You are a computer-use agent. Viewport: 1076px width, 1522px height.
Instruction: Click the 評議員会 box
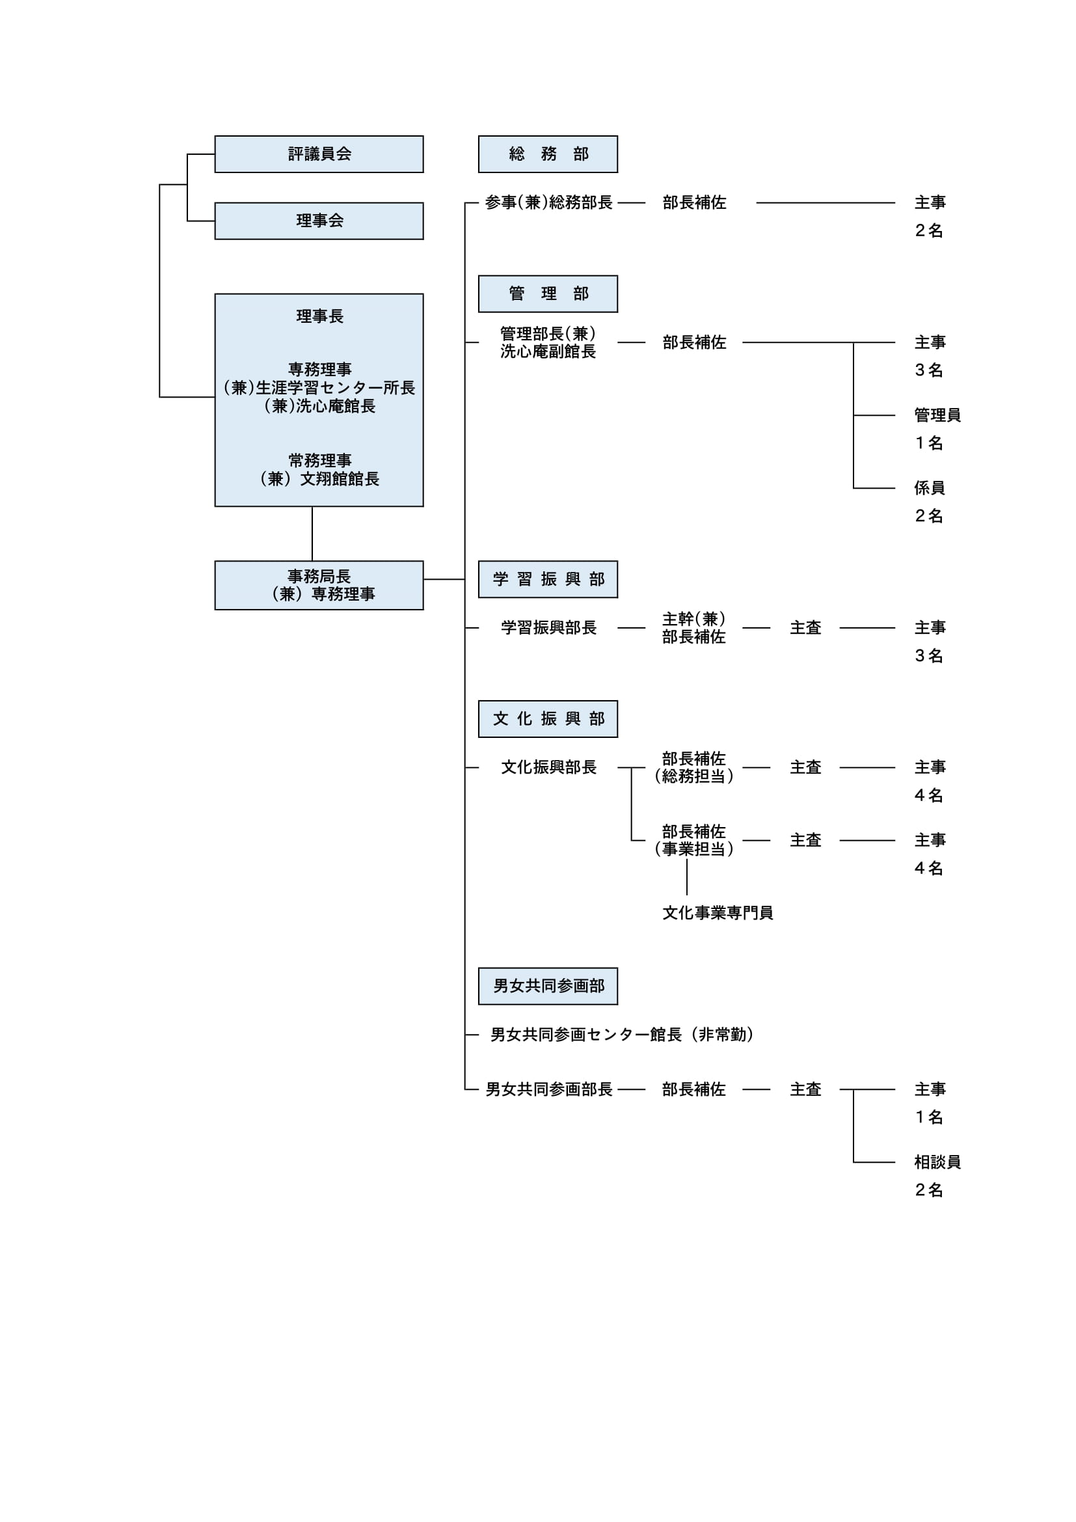click(x=319, y=154)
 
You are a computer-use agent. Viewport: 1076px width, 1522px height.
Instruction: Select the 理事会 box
click(x=319, y=221)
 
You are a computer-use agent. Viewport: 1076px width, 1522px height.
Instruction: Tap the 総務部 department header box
click(x=548, y=154)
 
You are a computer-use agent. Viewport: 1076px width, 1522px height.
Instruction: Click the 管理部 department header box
click(x=548, y=293)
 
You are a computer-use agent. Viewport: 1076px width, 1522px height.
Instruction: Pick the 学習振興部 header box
click(x=548, y=579)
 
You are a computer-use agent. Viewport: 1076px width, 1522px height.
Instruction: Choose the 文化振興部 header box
click(x=548, y=718)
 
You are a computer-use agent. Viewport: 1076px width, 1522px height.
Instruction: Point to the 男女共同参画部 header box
click(x=548, y=986)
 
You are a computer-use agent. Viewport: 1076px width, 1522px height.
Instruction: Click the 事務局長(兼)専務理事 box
click(x=319, y=586)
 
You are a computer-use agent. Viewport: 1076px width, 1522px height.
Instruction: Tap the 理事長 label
click(x=320, y=316)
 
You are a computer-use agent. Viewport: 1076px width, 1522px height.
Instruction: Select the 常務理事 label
click(x=320, y=460)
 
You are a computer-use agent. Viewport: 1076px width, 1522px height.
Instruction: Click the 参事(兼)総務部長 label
click(x=548, y=202)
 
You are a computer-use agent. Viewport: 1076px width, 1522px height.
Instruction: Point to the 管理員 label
click(x=937, y=415)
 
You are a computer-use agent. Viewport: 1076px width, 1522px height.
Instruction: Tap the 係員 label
click(x=930, y=488)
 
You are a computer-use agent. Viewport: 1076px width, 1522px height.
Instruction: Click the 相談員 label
click(x=937, y=1162)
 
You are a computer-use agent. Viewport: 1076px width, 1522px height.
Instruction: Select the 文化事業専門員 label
click(x=718, y=913)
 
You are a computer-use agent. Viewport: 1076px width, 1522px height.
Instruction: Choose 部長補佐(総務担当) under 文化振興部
click(x=693, y=767)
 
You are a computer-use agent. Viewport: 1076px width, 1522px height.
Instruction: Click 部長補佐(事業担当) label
click(x=693, y=840)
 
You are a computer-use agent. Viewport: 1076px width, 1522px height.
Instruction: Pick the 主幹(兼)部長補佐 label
click(x=693, y=628)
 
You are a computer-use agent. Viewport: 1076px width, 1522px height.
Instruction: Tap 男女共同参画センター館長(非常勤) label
click(x=622, y=1034)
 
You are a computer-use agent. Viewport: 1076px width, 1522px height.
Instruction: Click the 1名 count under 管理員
click(x=929, y=443)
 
